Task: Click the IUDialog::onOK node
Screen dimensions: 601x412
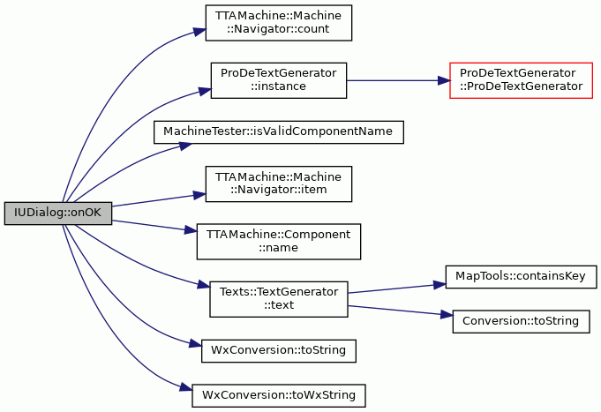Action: coord(58,213)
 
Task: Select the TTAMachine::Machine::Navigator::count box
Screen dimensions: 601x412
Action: coord(279,23)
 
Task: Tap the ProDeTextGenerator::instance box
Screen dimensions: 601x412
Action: coord(279,80)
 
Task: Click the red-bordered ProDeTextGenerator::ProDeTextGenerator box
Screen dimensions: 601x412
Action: coord(522,80)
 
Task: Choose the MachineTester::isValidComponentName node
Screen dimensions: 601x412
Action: coord(279,132)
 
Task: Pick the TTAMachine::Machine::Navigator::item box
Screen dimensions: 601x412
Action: coord(279,184)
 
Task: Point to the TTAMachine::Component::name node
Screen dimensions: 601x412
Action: coord(279,242)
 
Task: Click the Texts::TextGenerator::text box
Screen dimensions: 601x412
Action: coord(279,299)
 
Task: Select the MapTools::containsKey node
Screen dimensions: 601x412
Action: coord(522,277)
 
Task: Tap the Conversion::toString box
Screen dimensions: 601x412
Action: coord(522,321)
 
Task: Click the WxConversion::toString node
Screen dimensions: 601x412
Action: coord(279,350)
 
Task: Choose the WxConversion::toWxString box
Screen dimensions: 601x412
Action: coord(279,395)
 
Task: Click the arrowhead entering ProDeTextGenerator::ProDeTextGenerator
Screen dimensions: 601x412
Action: coord(444,80)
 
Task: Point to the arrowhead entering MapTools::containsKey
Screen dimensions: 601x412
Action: coord(439,285)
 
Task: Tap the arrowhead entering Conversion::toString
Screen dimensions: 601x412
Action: coord(447,315)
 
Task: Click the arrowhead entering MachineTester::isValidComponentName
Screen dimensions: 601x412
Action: coord(185,146)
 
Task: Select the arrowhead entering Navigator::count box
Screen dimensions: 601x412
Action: coord(199,32)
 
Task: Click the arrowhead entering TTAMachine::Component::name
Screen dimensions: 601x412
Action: coord(191,230)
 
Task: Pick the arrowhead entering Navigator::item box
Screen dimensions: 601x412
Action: coord(199,196)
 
